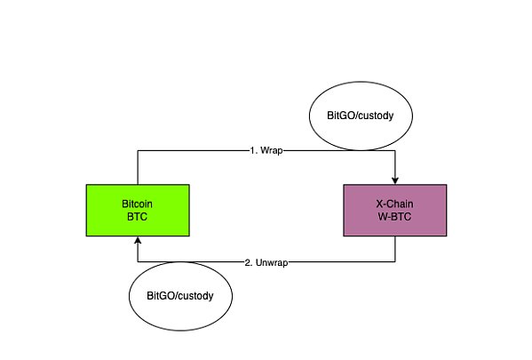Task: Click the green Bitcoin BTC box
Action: point(138,211)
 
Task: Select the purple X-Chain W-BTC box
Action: point(395,211)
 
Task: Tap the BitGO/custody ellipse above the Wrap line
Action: point(361,116)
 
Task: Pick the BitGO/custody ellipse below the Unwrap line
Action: point(180,296)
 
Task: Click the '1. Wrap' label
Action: point(266,150)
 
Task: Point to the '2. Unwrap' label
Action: point(266,262)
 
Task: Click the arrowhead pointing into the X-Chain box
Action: point(395,180)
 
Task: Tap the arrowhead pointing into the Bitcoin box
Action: point(138,240)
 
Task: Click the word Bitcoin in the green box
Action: point(137,204)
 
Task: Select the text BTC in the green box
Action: point(137,217)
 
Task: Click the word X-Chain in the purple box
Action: point(394,204)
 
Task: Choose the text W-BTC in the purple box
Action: point(394,217)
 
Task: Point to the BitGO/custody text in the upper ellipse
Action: point(361,116)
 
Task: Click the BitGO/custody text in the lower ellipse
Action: point(180,296)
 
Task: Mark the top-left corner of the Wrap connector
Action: point(138,150)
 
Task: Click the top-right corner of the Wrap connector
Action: point(395,150)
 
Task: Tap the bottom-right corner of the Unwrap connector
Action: point(395,262)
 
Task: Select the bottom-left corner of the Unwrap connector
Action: point(138,262)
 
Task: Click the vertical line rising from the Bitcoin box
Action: point(138,167)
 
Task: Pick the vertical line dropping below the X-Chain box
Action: point(395,249)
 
